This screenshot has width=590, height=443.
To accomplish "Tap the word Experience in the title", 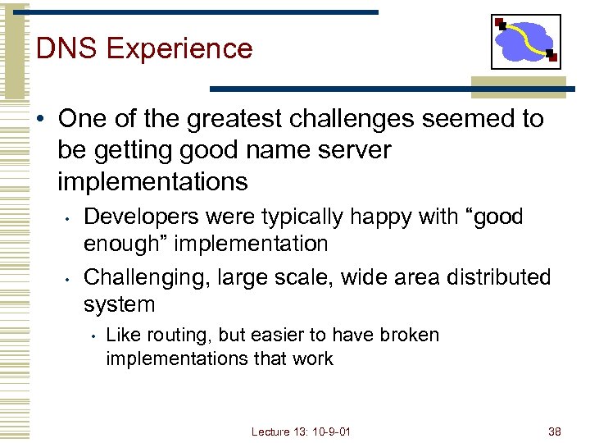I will tap(179, 49).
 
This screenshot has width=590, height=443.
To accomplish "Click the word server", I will tap(352, 150).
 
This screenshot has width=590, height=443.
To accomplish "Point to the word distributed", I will tap(500, 277).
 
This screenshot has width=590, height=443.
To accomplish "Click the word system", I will tap(119, 305).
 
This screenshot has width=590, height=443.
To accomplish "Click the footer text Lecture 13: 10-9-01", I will tap(301, 432).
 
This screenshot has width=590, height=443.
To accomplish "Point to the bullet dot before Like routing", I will tap(94, 336).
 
